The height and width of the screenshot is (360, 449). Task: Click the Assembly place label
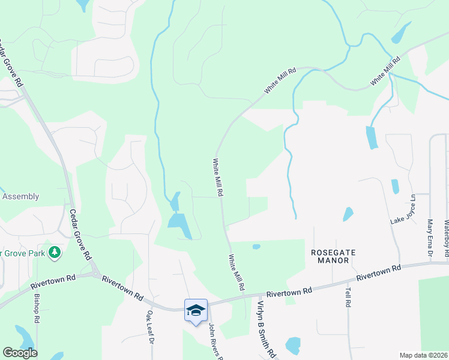point(20,196)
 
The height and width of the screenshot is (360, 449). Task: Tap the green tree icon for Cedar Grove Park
point(55,252)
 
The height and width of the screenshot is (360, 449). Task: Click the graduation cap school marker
point(196,310)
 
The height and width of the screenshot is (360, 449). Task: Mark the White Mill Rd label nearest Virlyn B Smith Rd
point(236,272)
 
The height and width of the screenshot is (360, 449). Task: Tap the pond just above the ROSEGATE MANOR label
point(348,214)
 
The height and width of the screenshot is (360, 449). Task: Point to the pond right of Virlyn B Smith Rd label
point(293,344)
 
